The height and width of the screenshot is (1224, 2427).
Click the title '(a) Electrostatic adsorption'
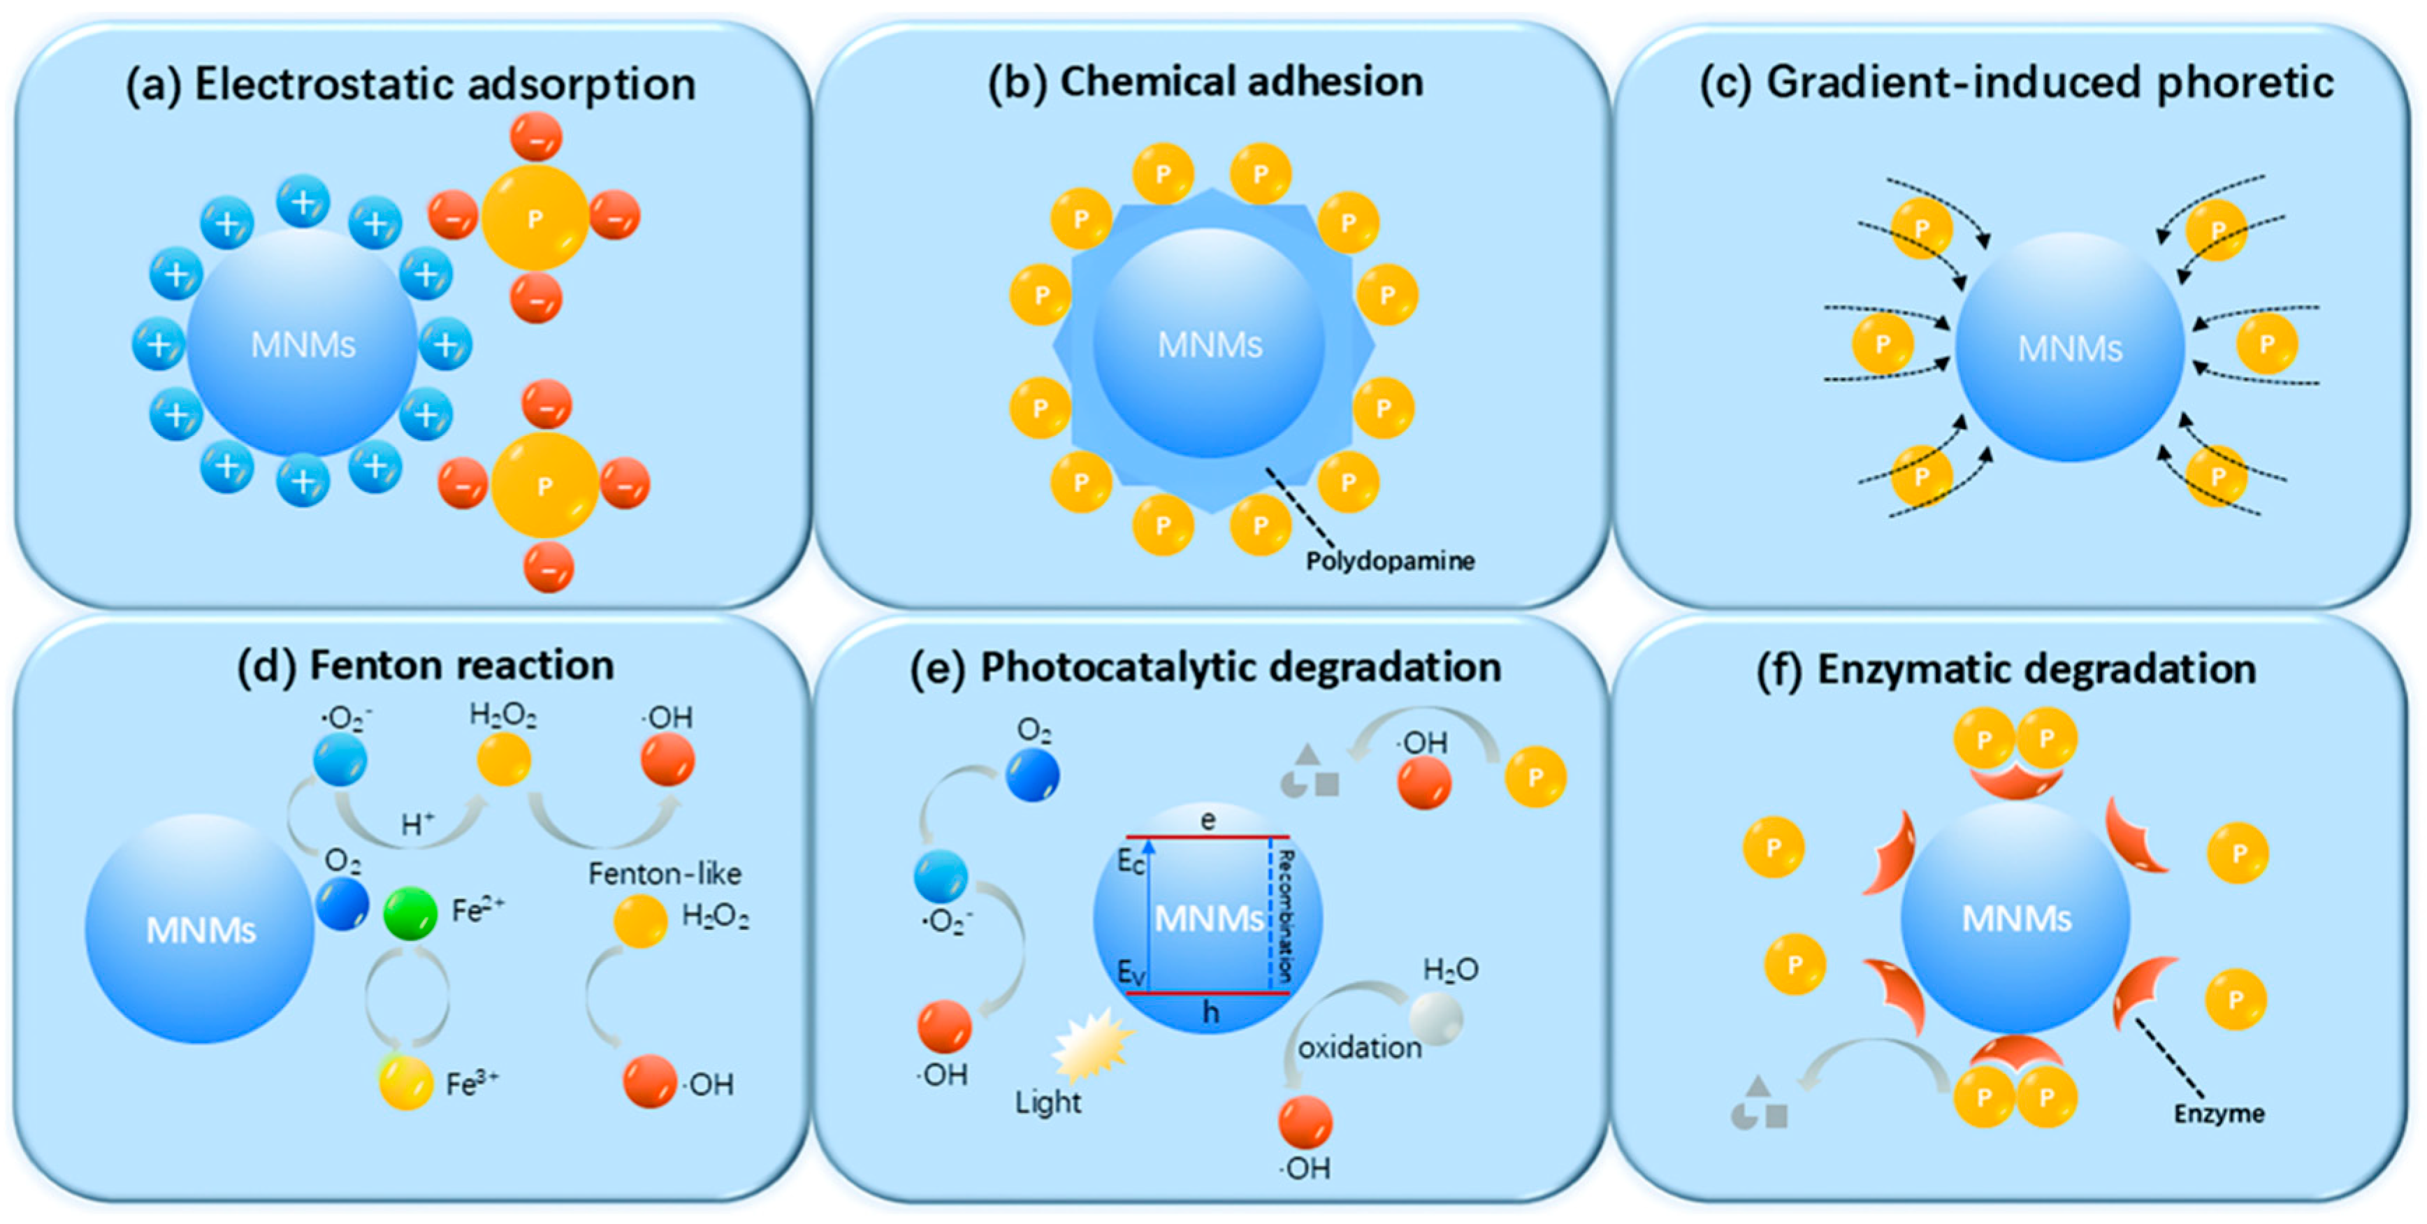(411, 85)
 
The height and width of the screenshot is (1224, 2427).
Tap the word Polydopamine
(1390, 562)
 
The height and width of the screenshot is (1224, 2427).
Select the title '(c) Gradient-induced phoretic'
(2016, 83)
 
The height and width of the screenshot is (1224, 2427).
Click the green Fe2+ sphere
(410, 913)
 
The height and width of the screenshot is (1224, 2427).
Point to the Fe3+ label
(472, 1084)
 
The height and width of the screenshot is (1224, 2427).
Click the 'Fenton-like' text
(664, 873)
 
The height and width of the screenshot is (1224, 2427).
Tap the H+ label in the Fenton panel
(417, 825)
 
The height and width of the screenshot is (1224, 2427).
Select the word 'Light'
(1048, 1102)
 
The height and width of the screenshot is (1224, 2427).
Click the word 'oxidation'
(1359, 1048)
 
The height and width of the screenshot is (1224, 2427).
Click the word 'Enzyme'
(2219, 1114)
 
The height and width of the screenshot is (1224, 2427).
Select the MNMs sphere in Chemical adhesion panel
(1209, 344)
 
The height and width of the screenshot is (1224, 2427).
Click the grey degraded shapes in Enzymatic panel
(1759, 1105)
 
